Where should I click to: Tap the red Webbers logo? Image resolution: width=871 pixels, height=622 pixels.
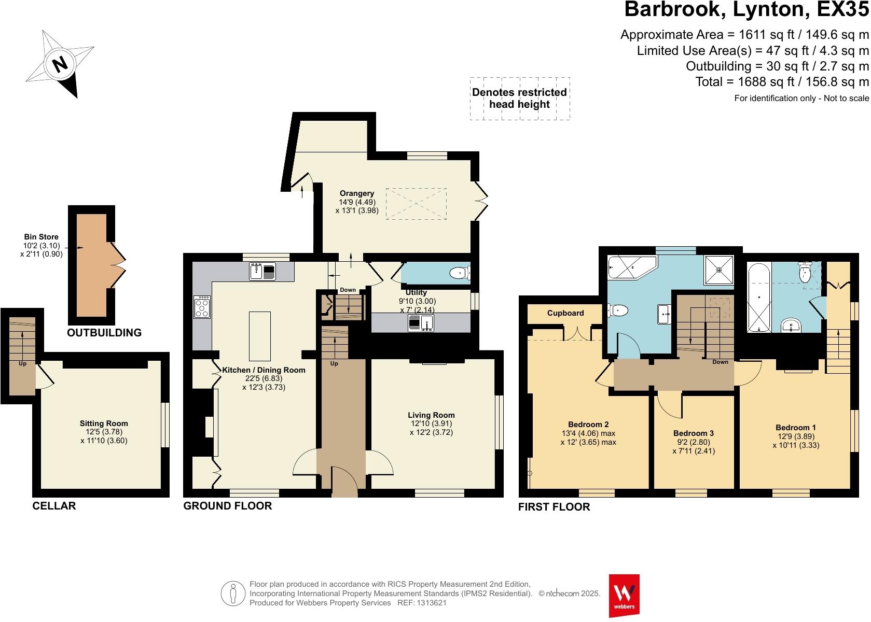tap(624, 595)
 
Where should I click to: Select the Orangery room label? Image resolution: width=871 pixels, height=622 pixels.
tap(357, 193)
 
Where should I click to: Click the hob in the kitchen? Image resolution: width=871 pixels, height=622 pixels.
tap(202, 307)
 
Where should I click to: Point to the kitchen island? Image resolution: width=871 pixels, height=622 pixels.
tap(259, 336)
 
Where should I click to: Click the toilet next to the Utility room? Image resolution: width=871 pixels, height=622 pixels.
tap(460, 273)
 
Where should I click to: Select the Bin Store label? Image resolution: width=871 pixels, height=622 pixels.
tap(41, 237)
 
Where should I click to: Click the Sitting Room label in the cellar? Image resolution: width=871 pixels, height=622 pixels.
tap(104, 423)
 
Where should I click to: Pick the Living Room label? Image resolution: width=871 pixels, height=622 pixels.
tap(431, 415)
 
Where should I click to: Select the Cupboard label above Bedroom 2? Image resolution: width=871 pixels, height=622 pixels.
tap(565, 313)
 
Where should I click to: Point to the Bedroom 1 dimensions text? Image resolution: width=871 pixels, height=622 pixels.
tap(795, 441)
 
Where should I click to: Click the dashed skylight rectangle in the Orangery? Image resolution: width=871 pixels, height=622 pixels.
tap(416, 204)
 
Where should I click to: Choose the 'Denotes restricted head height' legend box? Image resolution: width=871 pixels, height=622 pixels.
tap(519, 98)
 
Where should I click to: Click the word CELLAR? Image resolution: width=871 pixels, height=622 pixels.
tap(54, 506)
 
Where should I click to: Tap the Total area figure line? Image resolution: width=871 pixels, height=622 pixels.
tap(782, 82)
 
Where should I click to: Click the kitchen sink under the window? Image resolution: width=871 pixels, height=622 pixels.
tap(262, 271)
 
